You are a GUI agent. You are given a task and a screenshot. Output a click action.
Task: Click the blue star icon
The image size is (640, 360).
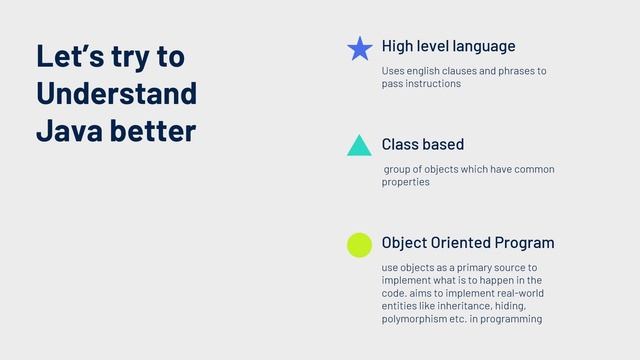point(359,49)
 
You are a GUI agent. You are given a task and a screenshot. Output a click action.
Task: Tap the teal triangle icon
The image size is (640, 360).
point(359,146)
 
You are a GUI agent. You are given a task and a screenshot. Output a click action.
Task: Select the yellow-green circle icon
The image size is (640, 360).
point(359,244)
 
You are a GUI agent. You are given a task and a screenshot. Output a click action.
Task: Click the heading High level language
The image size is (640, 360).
point(448,46)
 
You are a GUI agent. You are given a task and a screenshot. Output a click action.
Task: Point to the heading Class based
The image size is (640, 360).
point(422,145)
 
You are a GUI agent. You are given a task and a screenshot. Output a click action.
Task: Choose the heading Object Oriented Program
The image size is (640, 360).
point(467,243)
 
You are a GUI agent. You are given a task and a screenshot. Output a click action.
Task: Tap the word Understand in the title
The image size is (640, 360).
point(115,93)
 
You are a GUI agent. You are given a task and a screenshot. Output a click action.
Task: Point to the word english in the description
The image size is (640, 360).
point(427,71)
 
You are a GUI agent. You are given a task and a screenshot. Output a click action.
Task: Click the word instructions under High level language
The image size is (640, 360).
point(432,84)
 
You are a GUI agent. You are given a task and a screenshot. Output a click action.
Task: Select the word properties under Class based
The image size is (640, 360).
point(405,182)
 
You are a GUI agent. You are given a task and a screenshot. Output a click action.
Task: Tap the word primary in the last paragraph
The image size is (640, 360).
point(469,268)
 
